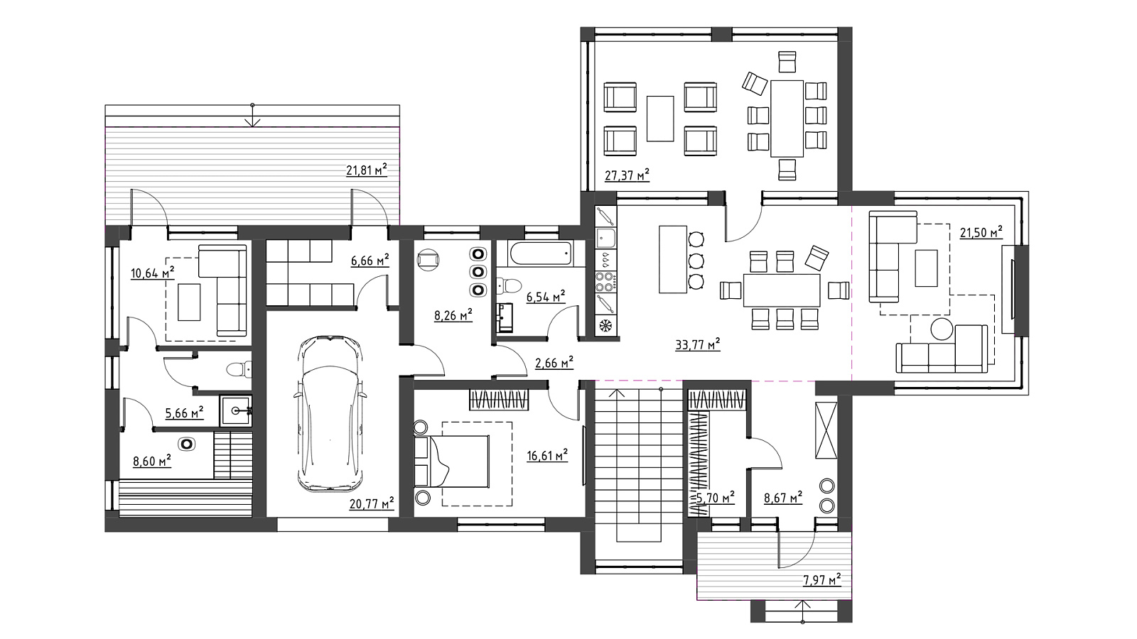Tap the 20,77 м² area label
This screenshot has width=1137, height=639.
point(372,503)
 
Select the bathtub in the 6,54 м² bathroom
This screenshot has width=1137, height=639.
point(541,253)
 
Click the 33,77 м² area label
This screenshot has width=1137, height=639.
point(698,345)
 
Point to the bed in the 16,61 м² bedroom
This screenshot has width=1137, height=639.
point(452,461)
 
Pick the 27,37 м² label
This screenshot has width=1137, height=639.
point(627,175)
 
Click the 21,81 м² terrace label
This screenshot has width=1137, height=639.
point(367,170)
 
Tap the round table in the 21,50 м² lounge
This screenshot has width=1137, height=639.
point(942,329)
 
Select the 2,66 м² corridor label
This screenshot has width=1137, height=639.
point(554,363)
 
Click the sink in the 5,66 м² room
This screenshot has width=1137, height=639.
point(235,411)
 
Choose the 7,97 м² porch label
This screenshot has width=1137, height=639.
point(821,579)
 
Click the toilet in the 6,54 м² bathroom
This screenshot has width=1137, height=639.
point(509,286)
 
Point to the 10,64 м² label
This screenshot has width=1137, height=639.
point(153,273)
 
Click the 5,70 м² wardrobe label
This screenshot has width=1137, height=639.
point(714,498)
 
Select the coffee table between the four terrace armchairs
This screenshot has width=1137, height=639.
point(660,119)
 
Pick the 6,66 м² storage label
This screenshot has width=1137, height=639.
point(370,261)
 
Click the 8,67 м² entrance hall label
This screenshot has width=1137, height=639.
point(783,498)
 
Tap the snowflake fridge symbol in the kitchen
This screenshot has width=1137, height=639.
point(605,325)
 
